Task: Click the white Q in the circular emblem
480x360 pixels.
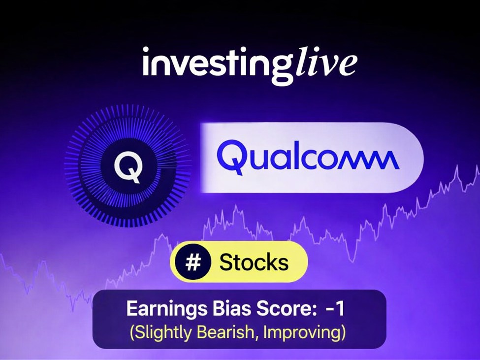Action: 128,167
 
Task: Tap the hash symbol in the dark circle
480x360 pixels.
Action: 193,262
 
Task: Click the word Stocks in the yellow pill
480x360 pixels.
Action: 254,262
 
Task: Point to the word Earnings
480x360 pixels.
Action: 166,309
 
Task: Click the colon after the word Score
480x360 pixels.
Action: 311,310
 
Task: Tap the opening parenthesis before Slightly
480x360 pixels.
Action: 132,333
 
